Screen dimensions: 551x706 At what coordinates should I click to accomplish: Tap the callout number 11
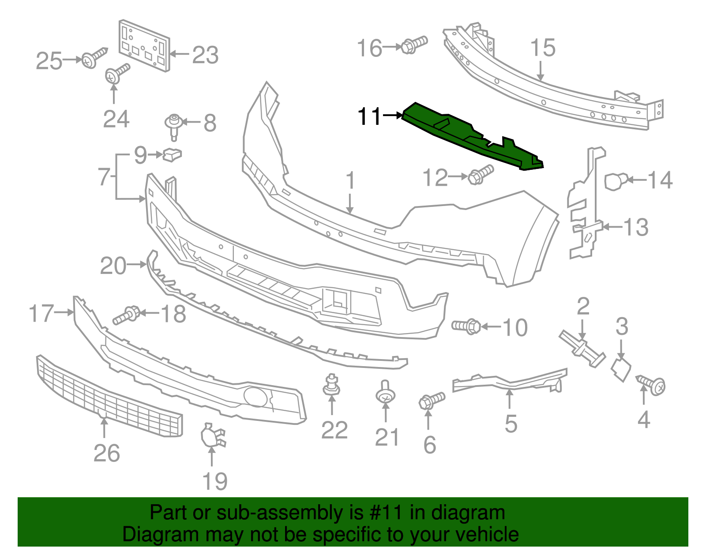[x=369, y=116]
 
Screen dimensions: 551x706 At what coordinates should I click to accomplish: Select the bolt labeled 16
[x=414, y=45]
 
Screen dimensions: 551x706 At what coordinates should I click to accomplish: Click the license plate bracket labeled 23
[x=144, y=45]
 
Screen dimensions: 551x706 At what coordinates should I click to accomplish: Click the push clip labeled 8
[x=174, y=125]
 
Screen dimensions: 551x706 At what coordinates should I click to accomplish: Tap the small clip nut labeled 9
[x=173, y=154]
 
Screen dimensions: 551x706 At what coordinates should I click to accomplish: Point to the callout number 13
[x=635, y=227]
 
